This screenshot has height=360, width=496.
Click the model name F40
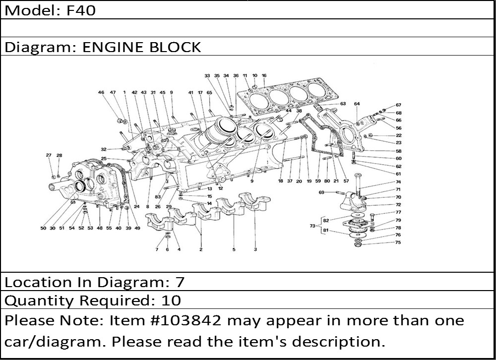tap(81, 10)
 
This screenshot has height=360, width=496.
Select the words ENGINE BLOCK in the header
tap(141, 47)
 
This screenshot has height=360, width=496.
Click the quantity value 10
tap(171, 300)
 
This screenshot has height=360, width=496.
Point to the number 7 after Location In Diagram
tap(180, 282)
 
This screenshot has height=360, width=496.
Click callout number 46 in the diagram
tap(101, 92)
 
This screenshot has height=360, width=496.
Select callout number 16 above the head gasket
tap(264, 75)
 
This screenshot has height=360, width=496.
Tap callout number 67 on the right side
tap(398, 105)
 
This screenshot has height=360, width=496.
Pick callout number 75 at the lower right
tap(398, 242)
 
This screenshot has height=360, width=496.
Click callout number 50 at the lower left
tap(43, 228)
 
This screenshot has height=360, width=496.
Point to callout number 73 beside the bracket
tap(312, 226)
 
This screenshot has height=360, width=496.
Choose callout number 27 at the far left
tap(49, 155)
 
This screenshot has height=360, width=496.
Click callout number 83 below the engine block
tap(158, 197)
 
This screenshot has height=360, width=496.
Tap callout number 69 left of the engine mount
tap(321, 192)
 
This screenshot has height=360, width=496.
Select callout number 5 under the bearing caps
tap(234, 249)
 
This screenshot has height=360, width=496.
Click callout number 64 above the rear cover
tap(357, 104)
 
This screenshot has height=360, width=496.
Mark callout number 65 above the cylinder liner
tap(209, 93)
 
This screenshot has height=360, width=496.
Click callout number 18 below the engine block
tap(280, 181)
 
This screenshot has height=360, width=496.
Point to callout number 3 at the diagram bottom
tap(255, 249)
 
